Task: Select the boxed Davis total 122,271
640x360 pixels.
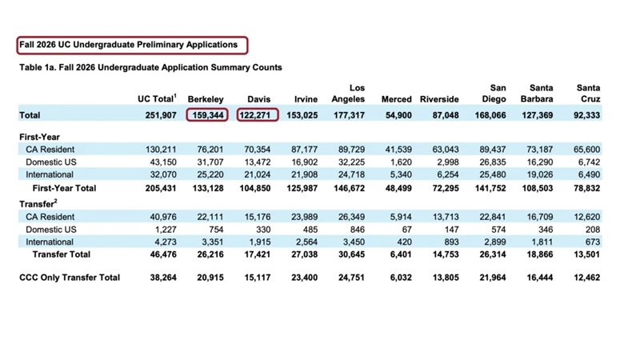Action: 256,115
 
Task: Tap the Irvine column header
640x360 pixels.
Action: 306,99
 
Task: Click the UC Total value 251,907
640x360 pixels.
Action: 159,115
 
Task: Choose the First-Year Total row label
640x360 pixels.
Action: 64,187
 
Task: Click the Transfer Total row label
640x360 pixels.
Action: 62,254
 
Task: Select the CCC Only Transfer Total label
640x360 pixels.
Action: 70,277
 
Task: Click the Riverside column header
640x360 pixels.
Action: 439,99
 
